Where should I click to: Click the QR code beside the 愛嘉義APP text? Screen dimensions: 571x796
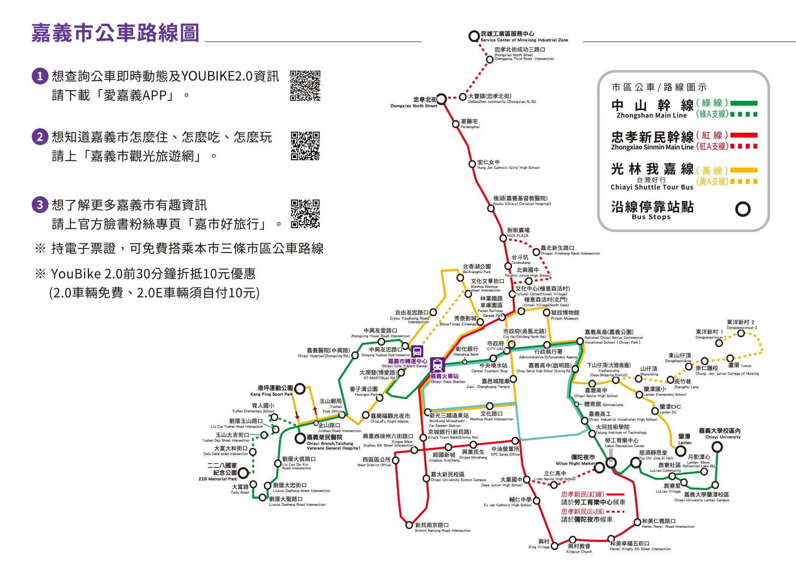tap(305, 86)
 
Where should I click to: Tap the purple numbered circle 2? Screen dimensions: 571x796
tap(40, 137)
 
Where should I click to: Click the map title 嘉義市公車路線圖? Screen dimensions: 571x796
tap(115, 33)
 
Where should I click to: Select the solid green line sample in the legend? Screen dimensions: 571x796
tap(744, 103)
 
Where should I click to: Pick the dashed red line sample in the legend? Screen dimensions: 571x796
tap(744, 146)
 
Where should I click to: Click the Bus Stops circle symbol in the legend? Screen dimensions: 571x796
tap(743, 209)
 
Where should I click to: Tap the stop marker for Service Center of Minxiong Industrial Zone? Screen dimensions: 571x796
tap(474, 36)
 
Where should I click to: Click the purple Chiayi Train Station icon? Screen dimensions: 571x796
tap(437, 365)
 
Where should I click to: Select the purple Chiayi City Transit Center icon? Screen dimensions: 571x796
tap(417, 351)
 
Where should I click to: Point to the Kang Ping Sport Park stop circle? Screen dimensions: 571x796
tap(300, 389)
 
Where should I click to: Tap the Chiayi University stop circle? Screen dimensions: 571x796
tap(717, 447)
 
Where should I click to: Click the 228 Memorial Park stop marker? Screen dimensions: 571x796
tap(243, 472)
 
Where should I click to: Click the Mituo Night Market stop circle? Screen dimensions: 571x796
tap(600, 467)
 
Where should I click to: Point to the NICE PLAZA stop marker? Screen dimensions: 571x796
tap(503, 238)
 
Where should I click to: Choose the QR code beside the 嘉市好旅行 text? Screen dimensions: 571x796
tap(305, 214)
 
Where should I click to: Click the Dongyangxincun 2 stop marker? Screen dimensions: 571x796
tap(741, 333)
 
